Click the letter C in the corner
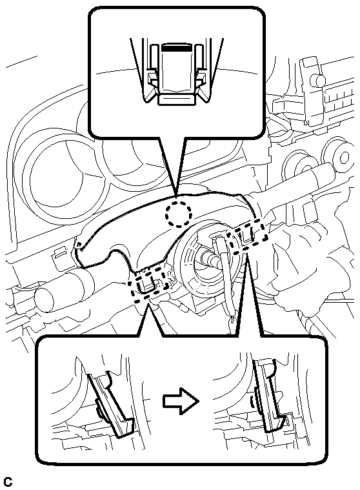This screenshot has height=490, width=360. pyautogui.click(x=8, y=482)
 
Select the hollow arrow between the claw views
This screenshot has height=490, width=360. pyautogui.click(x=181, y=402)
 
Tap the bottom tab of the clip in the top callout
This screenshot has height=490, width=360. pyautogui.click(x=176, y=99)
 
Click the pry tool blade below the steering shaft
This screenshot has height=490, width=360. pyautogui.click(x=228, y=284)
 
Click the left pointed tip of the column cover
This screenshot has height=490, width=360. pyautogui.click(x=77, y=246)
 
